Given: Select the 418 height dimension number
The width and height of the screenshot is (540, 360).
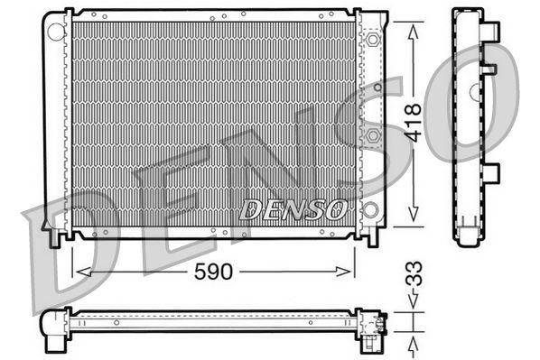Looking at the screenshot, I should click(414, 123).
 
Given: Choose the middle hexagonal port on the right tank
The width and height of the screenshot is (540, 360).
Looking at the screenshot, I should click(372, 135).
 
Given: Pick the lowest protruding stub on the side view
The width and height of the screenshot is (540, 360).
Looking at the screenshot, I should click(490, 172).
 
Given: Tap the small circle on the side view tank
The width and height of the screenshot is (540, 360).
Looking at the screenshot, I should click(474, 89).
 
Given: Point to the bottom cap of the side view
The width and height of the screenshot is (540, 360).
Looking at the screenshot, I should click(469, 237).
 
